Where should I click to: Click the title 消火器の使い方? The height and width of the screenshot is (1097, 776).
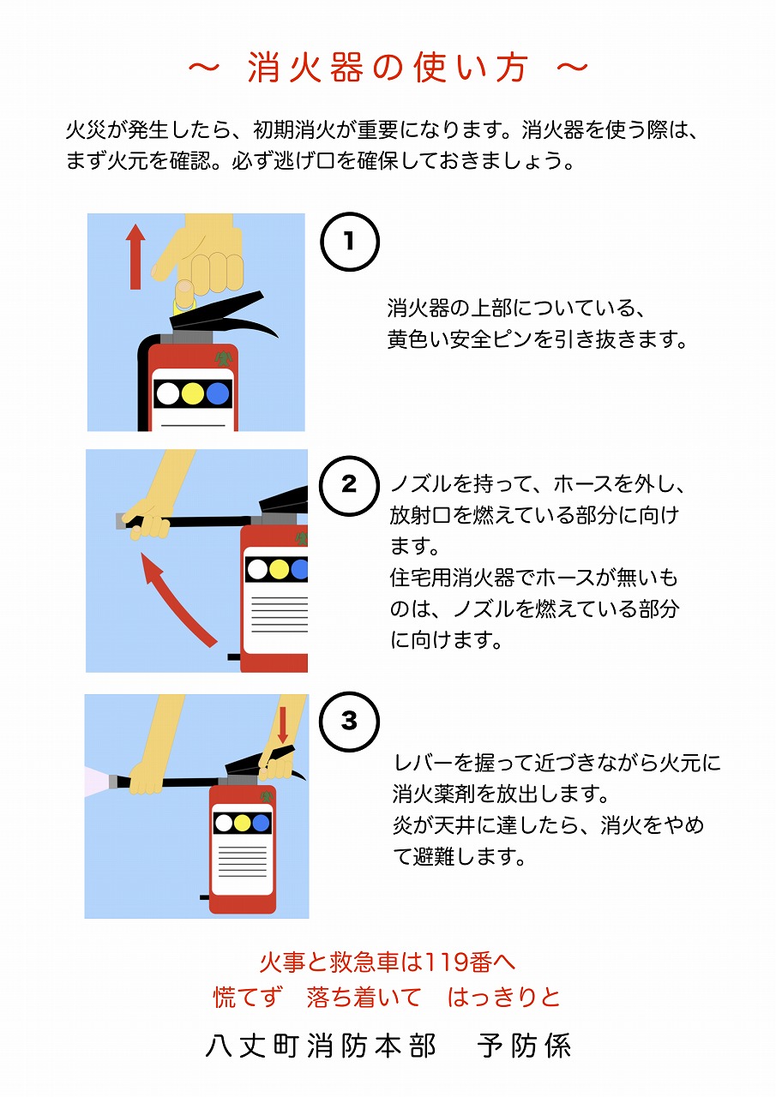click(388, 69)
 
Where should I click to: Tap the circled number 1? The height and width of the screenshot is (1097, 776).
click(349, 243)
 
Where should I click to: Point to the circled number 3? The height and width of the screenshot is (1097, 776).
click(348, 722)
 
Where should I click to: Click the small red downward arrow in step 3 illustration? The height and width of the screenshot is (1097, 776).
click(283, 723)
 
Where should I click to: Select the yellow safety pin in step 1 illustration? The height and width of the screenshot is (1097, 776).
click(183, 297)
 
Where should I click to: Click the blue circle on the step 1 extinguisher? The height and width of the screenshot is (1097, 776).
click(218, 394)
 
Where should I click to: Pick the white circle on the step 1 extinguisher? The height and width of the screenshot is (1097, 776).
click(169, 394)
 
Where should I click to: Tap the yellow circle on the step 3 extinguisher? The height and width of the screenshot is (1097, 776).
click(243, 824)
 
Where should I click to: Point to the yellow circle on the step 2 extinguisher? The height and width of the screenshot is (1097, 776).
click(279, 569)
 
